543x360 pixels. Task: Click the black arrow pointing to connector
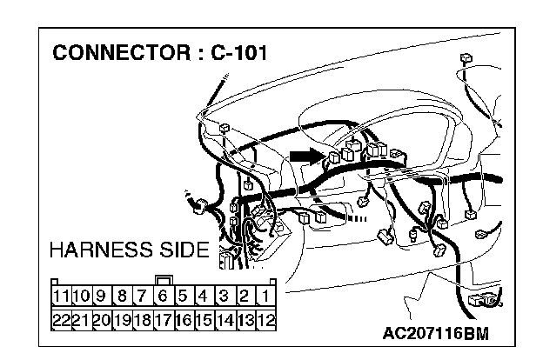point(305,156)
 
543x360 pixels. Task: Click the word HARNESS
point(104,251)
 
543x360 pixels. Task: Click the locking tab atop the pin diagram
point(163,281)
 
